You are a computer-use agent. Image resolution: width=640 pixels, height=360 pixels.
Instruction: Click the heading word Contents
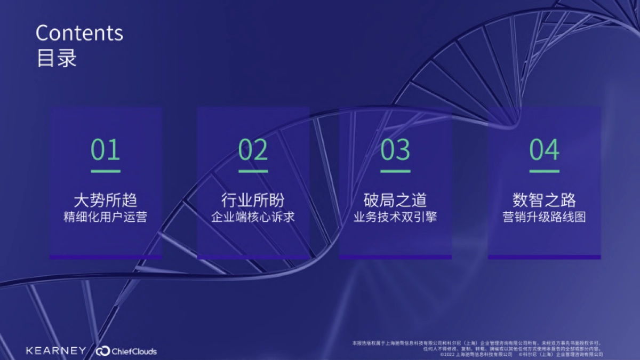(79, 33)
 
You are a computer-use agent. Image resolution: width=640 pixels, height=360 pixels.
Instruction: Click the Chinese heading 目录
(57, 58)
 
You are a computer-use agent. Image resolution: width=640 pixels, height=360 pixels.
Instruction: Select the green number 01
(106, 150)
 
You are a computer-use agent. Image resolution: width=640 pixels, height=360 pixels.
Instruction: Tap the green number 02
(253, 150)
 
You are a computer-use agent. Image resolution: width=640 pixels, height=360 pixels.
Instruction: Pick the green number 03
(395, 150)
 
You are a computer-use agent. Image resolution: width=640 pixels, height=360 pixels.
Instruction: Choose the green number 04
(544, 150)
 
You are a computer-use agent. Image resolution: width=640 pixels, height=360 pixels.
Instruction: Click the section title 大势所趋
(106, 200)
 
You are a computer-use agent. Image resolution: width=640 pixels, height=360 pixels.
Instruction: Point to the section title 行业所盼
(253, 200)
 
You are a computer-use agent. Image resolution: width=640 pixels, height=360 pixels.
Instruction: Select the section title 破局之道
(395, 200)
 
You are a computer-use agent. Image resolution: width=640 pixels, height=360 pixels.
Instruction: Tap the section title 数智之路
(544, 200)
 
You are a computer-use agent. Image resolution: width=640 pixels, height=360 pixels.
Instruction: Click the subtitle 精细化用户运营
(106, 218)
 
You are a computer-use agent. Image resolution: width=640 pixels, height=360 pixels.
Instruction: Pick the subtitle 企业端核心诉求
(253, 218)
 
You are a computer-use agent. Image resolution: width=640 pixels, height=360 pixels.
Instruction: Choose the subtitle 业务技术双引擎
(395, 218)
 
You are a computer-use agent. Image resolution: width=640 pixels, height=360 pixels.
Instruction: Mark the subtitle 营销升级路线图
(544, 218)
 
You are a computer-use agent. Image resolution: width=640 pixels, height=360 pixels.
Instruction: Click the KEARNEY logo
(56, 350)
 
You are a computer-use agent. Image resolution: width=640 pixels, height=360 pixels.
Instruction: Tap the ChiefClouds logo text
(134, 351)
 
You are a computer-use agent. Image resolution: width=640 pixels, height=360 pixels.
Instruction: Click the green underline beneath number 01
(106, 171)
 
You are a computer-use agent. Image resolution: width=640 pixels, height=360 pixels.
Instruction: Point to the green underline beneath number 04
(544, 171)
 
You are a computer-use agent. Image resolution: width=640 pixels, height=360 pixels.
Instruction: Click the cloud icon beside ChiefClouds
(103, 351)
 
